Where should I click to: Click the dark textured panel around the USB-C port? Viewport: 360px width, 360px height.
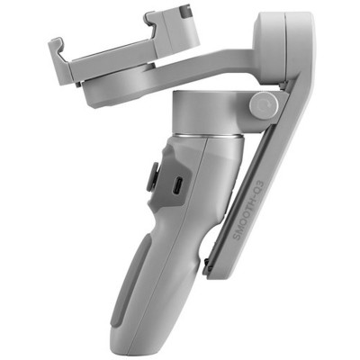173,184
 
